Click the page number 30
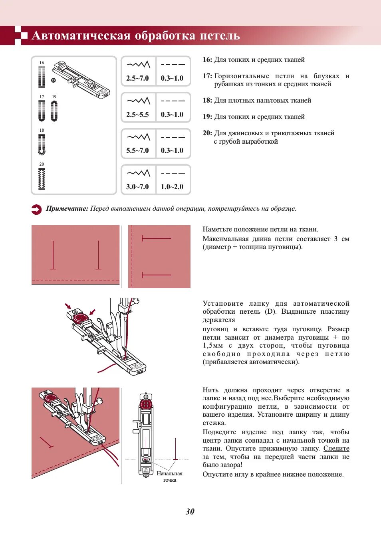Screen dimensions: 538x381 (x=190, y=512)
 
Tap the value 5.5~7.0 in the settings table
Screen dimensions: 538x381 (x=137, y=150)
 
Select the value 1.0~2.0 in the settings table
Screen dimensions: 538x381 (x=172, y=186)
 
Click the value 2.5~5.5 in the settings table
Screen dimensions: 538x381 (x=137, y=115)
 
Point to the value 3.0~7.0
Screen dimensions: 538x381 (x=137, y=186)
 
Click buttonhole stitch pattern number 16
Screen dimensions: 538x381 (x=42, y=77)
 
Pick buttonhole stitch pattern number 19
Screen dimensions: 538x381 (x=54, y=111)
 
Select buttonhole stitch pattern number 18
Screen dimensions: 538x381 (x=42, y=144)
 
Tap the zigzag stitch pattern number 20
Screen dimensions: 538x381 (x=42, y=179)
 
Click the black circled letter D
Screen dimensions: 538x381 (x=54, y=80)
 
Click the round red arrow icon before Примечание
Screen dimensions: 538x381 (x=36, y=209)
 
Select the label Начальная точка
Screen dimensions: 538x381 (x=169, y=477)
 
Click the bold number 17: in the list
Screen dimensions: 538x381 (x=207, y=76)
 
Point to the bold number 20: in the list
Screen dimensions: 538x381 (x=207, y=133)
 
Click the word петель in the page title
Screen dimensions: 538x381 (x=220, y=36)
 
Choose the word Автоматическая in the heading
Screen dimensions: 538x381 (x=81, y=36)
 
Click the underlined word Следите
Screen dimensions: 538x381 (x=336, y=448)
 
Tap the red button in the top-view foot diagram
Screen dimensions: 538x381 (x=146, y=404)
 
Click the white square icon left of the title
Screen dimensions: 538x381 (x=24, y=36)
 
